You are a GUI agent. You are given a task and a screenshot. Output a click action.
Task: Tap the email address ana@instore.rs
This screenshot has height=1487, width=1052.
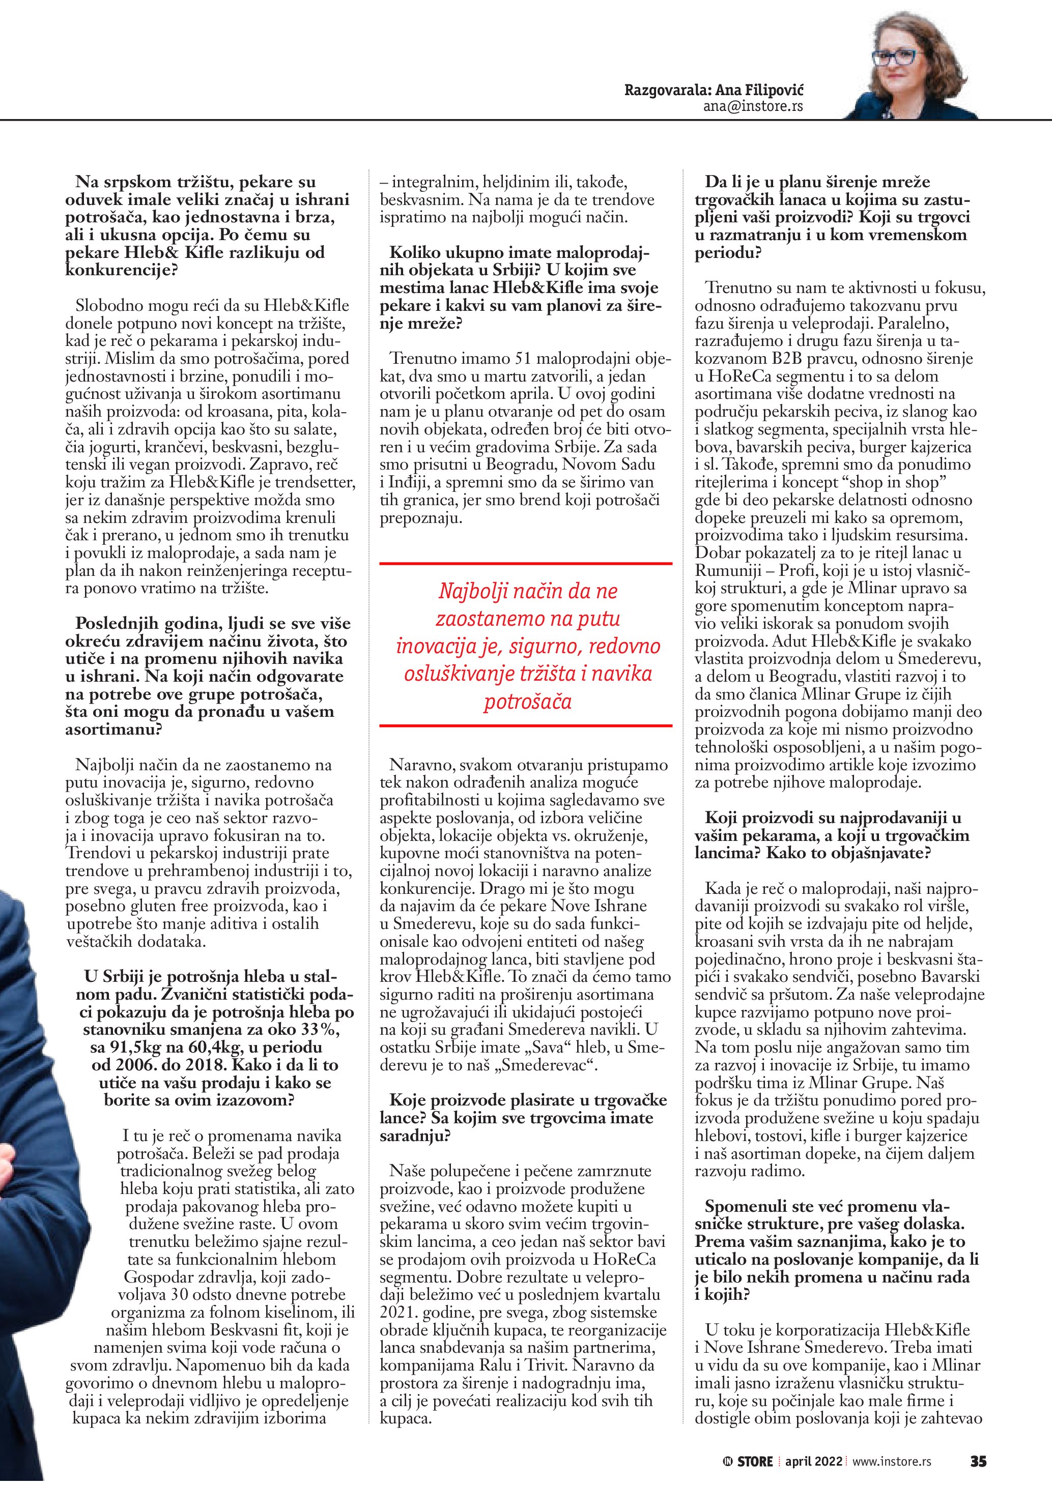[753, 106]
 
